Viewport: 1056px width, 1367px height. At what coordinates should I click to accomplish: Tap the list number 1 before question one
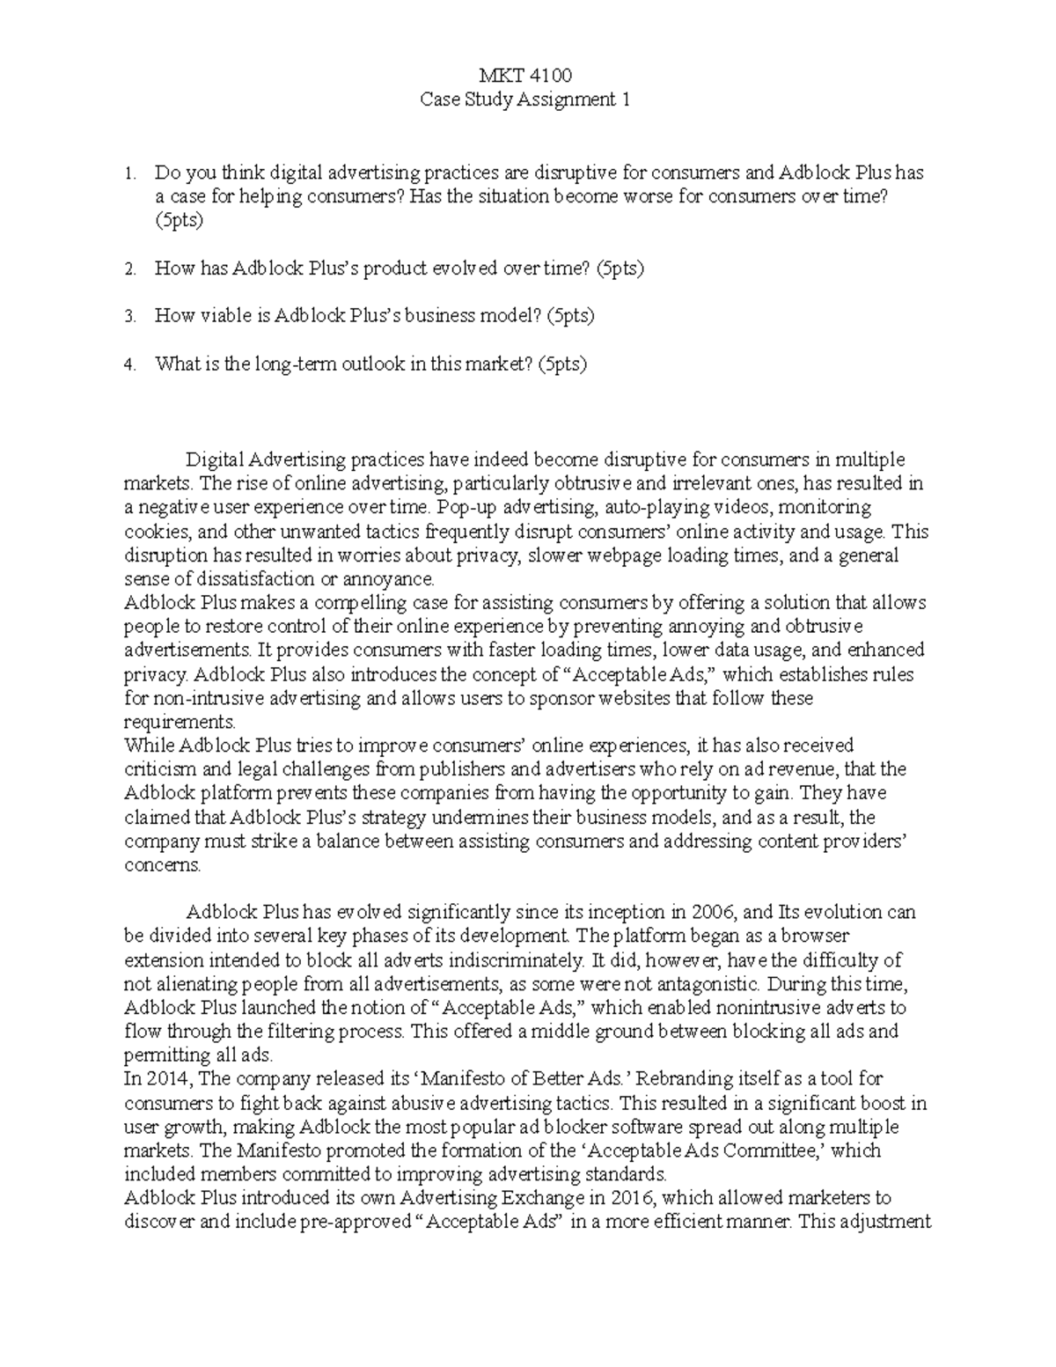[130, 173]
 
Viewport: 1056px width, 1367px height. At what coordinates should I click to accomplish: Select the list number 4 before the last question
[130, 364]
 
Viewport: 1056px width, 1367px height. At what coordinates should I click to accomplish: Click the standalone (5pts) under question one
[180, 220]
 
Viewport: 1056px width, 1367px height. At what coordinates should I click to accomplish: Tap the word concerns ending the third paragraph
[162, 865]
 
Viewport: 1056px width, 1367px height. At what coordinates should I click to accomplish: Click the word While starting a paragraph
[150, 746]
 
